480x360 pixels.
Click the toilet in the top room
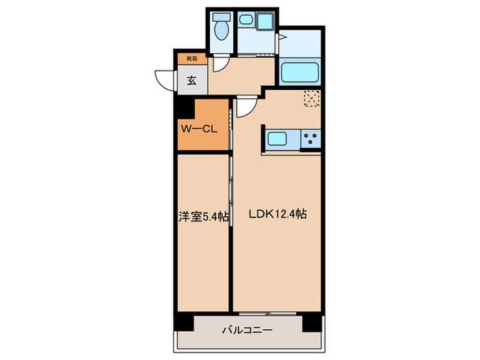[x=221, y=27]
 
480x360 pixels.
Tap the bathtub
[x=300, y=71]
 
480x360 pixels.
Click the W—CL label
[x=199, y=128]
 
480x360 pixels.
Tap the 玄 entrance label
[x=191, y=80]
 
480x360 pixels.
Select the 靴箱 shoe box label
[x=191, y=60]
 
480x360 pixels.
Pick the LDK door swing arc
[x=248, y=106]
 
